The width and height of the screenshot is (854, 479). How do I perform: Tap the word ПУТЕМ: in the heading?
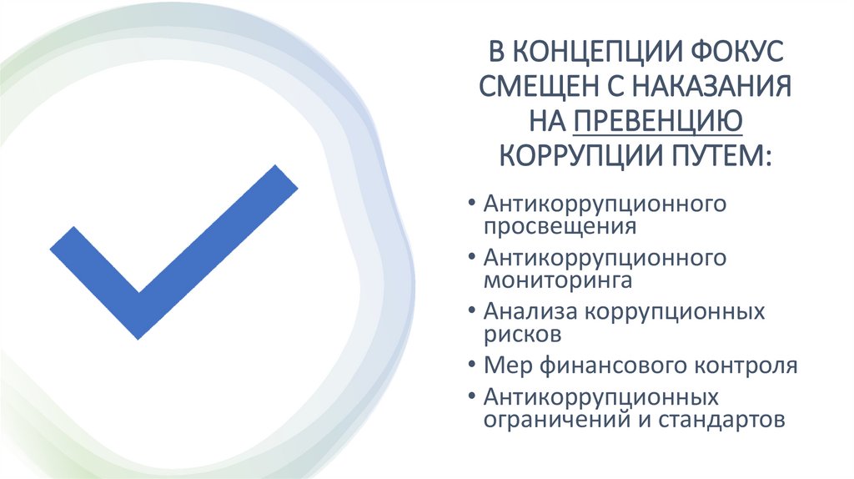721,156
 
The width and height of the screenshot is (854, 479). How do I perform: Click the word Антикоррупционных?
600,397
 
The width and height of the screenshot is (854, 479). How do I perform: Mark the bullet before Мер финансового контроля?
472,366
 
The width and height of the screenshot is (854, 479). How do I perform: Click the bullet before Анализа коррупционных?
472,311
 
